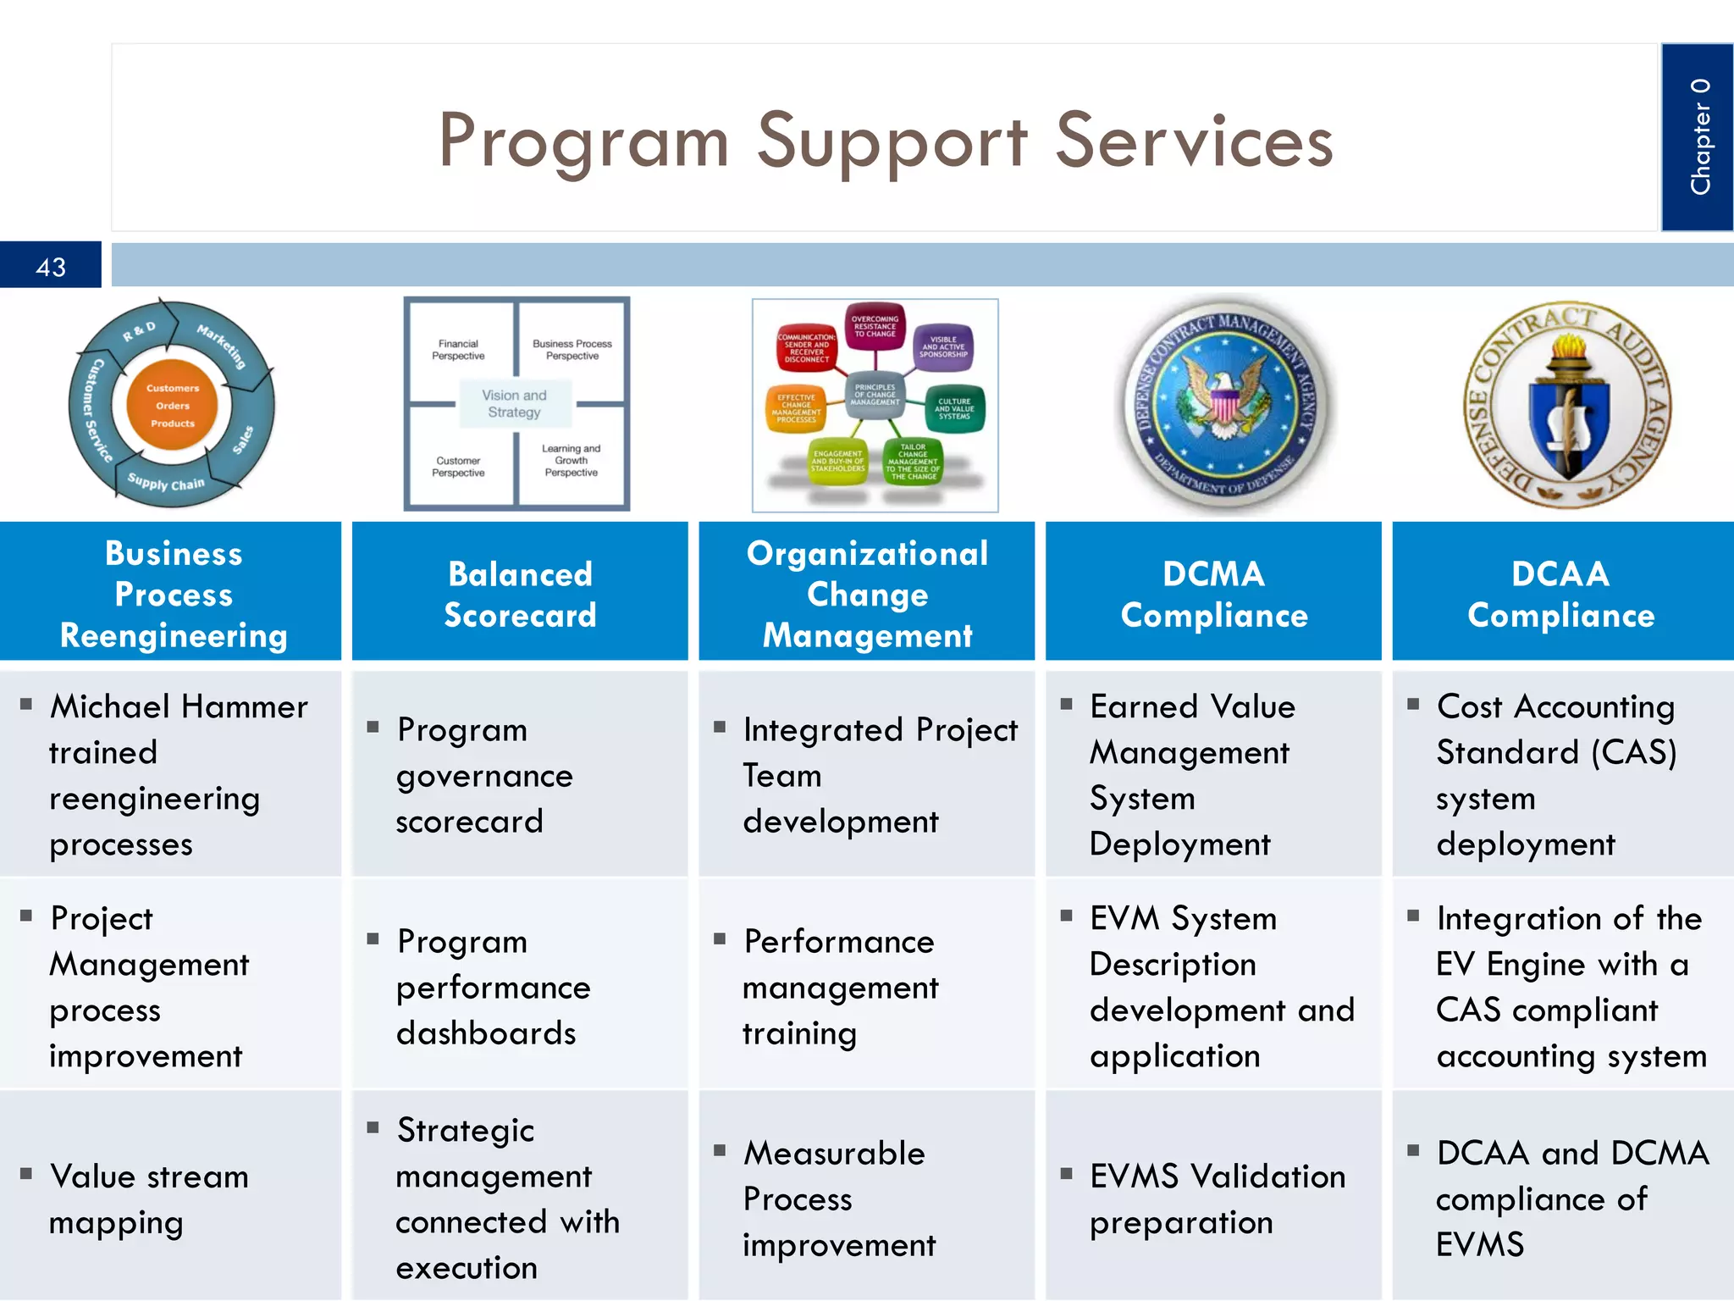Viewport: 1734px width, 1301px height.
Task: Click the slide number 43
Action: click(51, 267)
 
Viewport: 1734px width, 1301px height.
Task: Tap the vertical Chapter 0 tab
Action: click(1698, 137)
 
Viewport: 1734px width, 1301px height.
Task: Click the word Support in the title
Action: click(892, 142)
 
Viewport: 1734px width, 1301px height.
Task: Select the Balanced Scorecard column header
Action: click(520, 594)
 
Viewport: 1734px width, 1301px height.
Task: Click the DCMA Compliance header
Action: click(1213, 594)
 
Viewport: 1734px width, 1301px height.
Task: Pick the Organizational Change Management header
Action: click(867, 594)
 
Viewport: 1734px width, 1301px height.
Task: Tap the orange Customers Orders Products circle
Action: click(172, 406)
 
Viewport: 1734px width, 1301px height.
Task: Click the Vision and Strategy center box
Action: click(514, 404)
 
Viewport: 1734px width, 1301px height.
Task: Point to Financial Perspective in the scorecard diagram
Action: click(458, 350)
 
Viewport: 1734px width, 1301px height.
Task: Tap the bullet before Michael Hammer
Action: click(26, 704)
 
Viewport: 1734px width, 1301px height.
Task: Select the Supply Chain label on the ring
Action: click(166, 483)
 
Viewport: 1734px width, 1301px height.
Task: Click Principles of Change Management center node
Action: click(875, 395)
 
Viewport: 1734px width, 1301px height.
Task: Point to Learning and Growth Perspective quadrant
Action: click(572, 460)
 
